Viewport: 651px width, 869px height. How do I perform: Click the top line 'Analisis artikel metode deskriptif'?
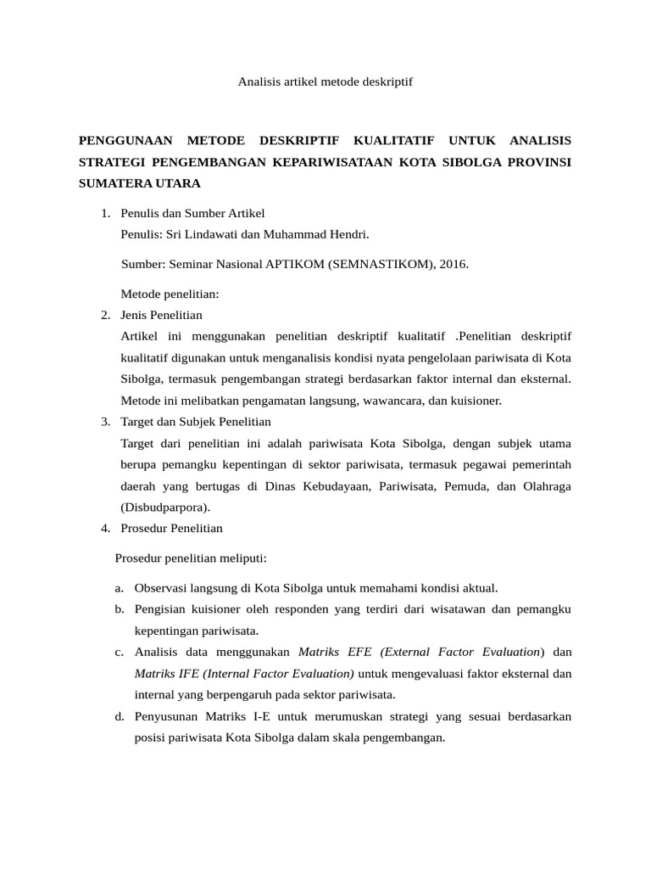tap(325, 82)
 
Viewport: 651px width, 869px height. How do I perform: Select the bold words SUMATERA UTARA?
tap(139, 182)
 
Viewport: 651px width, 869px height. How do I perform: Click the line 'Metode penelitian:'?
tap(170, 294)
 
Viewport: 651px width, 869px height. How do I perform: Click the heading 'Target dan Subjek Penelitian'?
tap(196, 421)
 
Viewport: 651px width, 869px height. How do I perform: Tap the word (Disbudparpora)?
tap(165, 507)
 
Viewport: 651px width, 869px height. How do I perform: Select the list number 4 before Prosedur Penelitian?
tap(104, 528)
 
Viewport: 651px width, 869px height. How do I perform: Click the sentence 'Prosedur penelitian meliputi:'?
tap(191, 558)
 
